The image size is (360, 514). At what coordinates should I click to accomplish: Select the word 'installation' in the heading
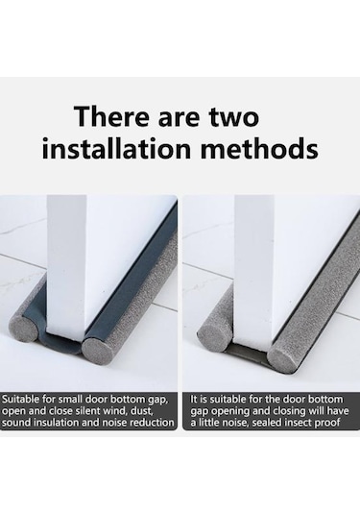click(116, 148)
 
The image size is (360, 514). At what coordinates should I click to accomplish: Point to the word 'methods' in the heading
click(259, 148)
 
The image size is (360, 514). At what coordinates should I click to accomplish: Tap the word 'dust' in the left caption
click(142, 411)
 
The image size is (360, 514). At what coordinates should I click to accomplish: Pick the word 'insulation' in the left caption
click(57, 423)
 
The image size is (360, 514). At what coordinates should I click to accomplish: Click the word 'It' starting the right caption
click(194, 400)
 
